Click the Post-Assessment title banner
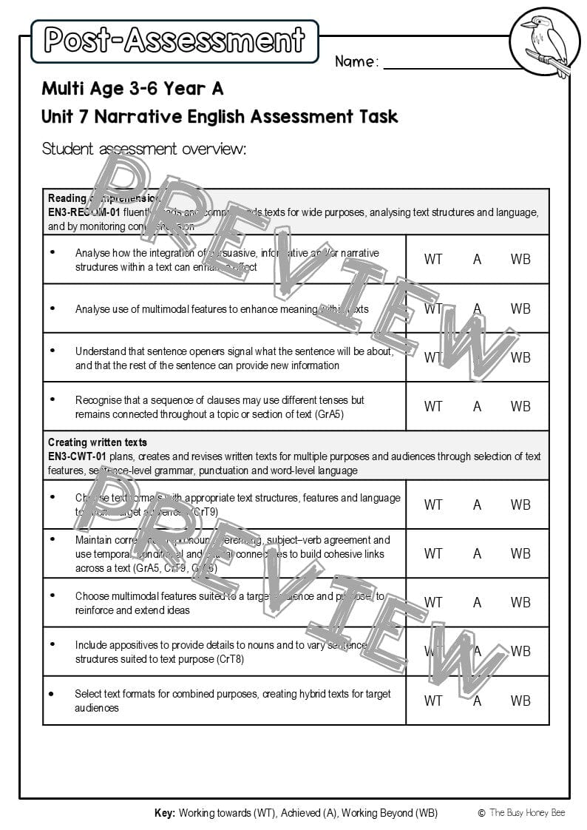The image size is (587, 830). [x=174, y=41]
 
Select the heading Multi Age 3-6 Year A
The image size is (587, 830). [x=132, y=89]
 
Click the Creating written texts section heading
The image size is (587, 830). [x=98, y=442]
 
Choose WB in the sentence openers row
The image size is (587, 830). [x=520, y=357]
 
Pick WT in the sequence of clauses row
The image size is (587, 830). [x=433, y=406]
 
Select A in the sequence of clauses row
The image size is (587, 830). [x=477, y=406]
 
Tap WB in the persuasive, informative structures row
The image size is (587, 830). [x=520, y=259]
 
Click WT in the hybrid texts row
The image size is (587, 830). [x=433, y=701]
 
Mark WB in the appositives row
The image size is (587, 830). [x=520, y=652]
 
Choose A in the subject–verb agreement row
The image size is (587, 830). [x=477, y=553]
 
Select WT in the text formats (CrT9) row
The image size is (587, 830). [x=433, y=505]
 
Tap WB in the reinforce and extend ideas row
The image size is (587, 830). [x=520, y=602]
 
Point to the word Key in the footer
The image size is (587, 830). [x=164, y=813]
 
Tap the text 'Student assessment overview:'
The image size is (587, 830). [x=144, y=149]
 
